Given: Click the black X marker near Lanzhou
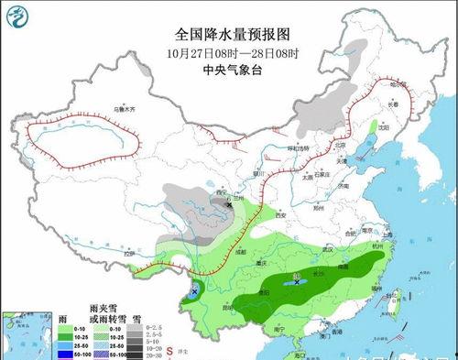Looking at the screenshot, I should click(230, 195).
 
